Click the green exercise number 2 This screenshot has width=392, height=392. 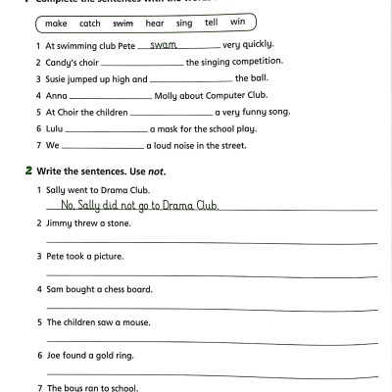pos(28,171)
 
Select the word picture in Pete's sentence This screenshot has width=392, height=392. pos(108,256)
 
